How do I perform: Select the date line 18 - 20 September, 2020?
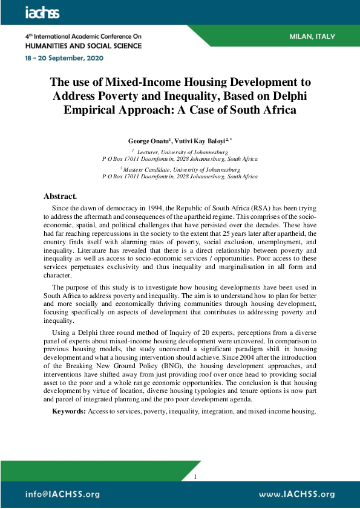pyautogui.click(x=65, y=58)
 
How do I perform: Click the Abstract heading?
pyautogui.click(x=60, y=196)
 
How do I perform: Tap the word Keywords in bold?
pyautogui.click(x=68, y=411)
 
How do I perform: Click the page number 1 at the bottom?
pyautogui.click(x=195, y=477)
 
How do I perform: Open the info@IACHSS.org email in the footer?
pyautogui.click(x=62, y=494)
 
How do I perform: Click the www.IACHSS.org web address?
pyautogui.click(x=296, y=494)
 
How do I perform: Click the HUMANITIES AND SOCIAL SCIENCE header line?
pyautogui.click(x=83, y=45)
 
